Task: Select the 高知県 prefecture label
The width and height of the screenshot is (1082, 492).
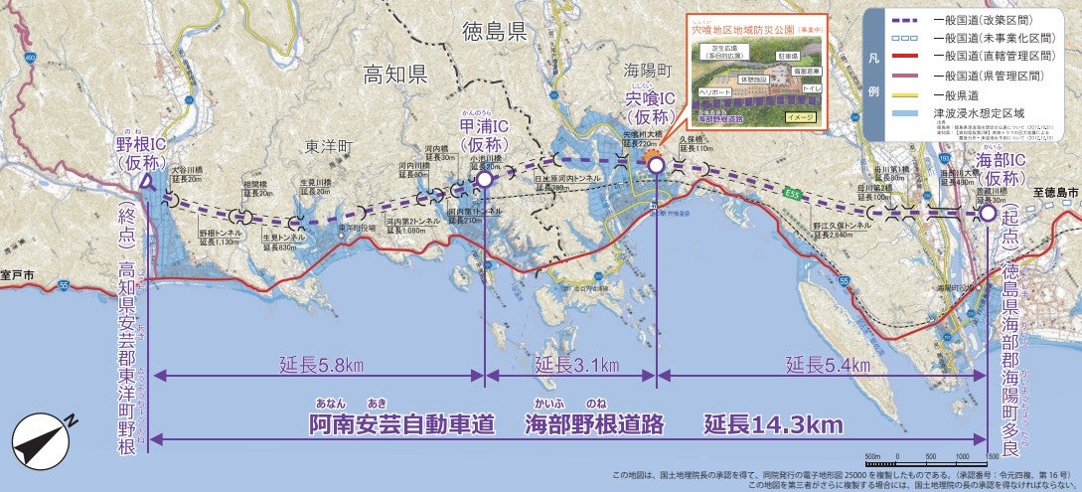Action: [x=394, y=75]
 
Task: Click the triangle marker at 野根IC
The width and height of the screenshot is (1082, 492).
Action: [x=147, y=182]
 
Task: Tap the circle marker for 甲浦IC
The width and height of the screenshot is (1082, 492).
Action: [x=485, y=179]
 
